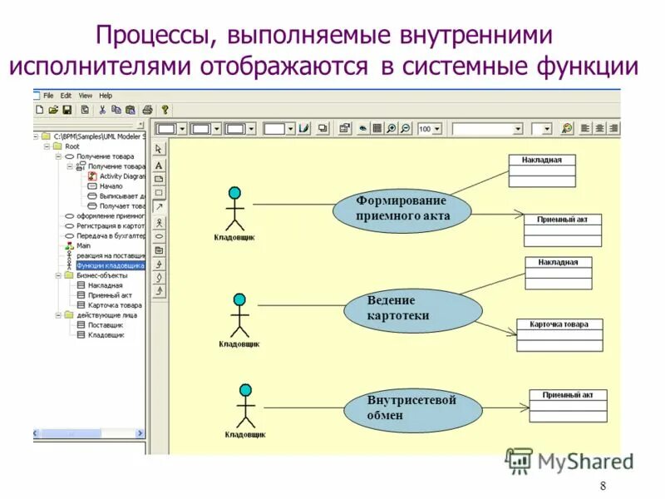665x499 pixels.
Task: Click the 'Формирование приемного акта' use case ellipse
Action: coord(402,209)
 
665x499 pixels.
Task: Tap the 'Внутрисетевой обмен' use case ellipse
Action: coord(412,408)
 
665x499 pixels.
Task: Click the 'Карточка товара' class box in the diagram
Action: coord(559,334)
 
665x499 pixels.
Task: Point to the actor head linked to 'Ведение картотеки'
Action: coord(239,299)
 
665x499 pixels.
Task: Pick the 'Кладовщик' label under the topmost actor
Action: coord(234,237)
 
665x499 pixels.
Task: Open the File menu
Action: coord(48,96)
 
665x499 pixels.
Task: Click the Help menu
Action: coord(106,96)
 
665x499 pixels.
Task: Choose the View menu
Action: coord(86,96)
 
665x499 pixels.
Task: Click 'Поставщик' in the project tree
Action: coord(105,325)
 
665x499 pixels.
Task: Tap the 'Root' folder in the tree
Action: coord(72,146)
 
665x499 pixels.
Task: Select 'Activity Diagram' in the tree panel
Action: coord(121,176)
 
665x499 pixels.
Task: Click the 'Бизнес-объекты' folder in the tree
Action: coord(101,275)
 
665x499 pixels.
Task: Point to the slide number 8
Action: coord(603,487)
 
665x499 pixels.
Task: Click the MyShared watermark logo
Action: coord(570,461)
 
